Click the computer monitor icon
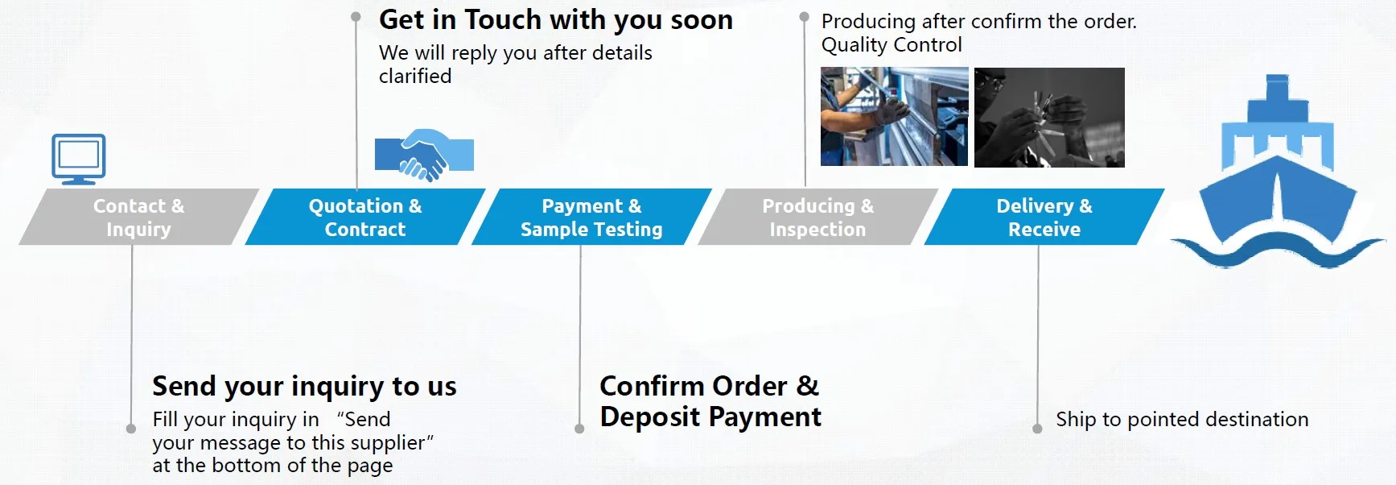coord(79,159)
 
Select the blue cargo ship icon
coord(1278,173)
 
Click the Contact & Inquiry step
coord(138,217)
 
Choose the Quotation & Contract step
coord(365,217)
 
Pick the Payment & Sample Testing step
coord(591,217)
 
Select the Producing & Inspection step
coord(817,217)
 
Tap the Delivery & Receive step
coord(1044,217)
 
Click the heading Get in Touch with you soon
coord(556,20)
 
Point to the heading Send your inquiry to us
coord(304,387)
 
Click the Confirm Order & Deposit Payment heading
coord(710,401)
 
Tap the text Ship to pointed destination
coord(1182,419)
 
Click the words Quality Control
coord(892,45)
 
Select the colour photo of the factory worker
coord(894,117)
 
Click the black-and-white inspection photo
coord(1049,118)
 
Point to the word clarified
coord(415,77)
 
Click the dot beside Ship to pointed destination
coord(1037,429)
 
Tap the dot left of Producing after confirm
coord(804,16)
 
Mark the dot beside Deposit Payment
coord(579,429)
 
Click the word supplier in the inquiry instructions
coord(385,443)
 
